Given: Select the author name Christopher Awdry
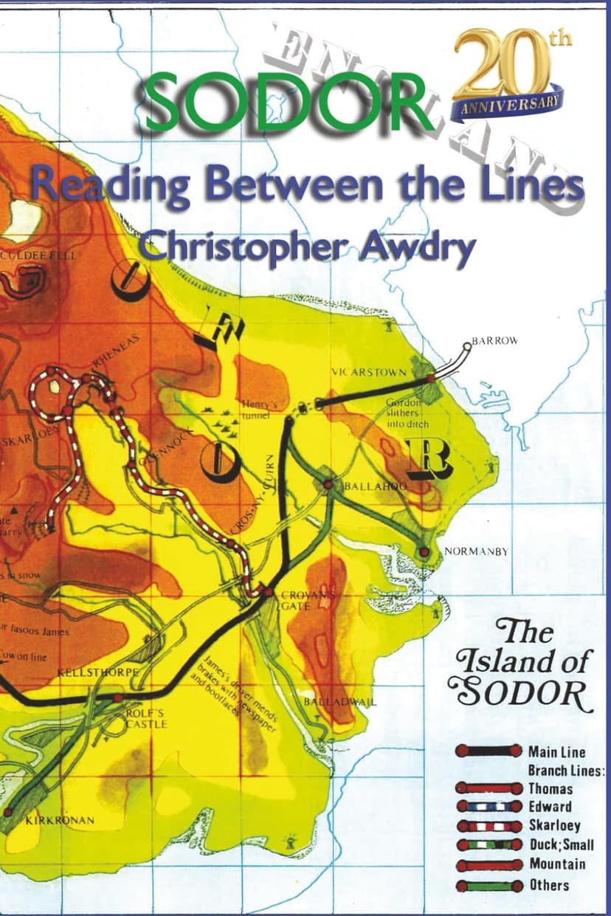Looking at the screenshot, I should tap(307, 246).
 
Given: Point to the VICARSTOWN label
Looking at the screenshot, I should tap(368, 372).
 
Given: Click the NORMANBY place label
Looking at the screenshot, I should tap(476, 551).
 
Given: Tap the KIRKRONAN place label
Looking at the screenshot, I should tap(59, 820).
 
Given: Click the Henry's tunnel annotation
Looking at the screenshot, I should tap(258, 410).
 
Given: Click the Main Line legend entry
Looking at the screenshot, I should tap(556, 751).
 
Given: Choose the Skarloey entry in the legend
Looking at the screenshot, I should tap(554, 825).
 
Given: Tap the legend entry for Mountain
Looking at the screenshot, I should tap(557, 864).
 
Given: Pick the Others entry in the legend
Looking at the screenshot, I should tap(549, 884).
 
